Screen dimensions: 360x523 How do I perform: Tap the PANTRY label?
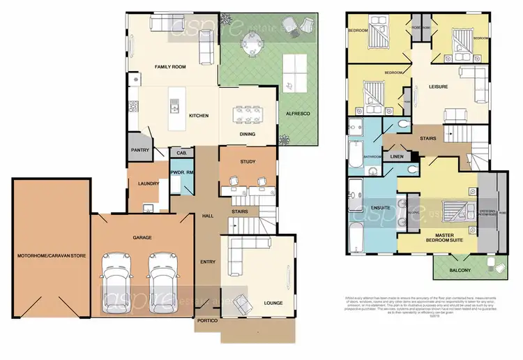click(x=139, y=149)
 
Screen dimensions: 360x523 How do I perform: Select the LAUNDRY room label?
click(x=149, y=184)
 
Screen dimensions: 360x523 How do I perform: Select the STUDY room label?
click(x=247, y=162)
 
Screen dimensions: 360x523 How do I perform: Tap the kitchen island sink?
click(x=174, y=106)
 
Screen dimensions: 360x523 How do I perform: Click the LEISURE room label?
click(x=438, y=87)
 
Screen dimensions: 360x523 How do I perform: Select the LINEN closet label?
click(x=398, y=157)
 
